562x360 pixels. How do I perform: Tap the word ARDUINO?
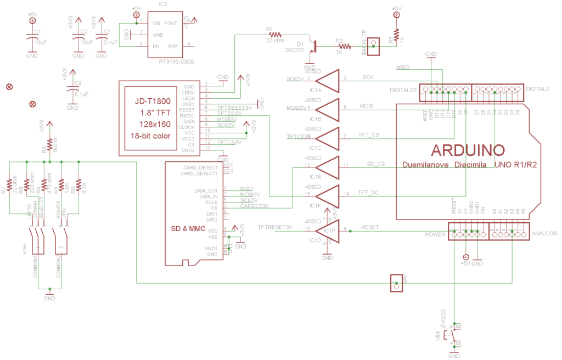[468, 150]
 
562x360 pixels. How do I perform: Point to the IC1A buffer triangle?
[328, 80]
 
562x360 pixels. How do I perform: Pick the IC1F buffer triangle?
[328, 195]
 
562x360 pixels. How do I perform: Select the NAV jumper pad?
[396, 282]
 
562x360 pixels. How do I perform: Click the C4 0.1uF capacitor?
[72, 91]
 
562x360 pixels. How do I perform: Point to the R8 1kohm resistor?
[50, 144]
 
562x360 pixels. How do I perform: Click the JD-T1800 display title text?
[153, 102]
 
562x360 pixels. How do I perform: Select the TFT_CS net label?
[368, 134]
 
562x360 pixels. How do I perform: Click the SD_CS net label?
[375, 164]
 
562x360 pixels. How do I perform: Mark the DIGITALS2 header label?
[403, 89]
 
